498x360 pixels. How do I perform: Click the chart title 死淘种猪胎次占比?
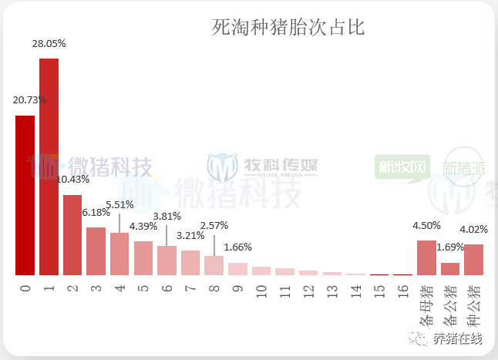click(x=288, y=28)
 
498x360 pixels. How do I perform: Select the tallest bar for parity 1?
click(x=49, y=166)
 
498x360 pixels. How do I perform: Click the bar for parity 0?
click(x=25, y=195)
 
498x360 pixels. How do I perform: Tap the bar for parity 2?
click(x=72, y=234)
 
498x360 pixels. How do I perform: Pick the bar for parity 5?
click(x=143, y=258)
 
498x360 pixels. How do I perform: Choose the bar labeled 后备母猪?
click(x=426, y=257)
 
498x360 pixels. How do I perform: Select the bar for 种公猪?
click(x=473, y=260)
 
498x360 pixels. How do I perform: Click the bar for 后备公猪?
click(x=450, y=269)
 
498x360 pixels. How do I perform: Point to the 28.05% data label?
click(x=49, y=44)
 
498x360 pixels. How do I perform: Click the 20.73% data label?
click(x=30, y=99)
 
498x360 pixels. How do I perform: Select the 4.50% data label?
click(x=426, y=226)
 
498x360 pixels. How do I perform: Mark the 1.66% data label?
click(x=237, y=247)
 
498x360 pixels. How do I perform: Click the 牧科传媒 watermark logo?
click(x=262, y=166)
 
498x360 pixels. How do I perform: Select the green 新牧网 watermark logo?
click(x=402, y=167)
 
